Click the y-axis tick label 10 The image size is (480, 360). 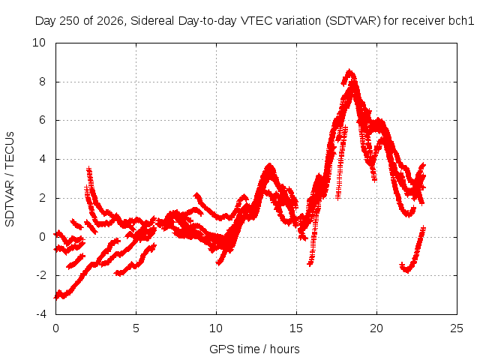point(39,43)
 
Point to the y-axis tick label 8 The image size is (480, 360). point(42,82)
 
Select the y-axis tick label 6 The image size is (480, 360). point(42,120)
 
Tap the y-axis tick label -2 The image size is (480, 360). point(40,275)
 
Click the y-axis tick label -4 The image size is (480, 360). point(40,314)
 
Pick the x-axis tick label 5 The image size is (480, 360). point(136,328)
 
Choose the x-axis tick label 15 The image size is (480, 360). point(296,328)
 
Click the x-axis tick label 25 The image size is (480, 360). point(457,328)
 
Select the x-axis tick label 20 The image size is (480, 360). point(376,328)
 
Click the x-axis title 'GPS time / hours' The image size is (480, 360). point(254,349)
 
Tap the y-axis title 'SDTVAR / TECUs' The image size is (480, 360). point(10,179)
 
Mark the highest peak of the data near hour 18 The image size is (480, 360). point(349,71)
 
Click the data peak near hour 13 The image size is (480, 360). point(269,165)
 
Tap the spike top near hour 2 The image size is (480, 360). point(88,168)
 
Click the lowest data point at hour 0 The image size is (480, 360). point(56,297)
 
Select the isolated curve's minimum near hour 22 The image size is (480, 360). point(407,271)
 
